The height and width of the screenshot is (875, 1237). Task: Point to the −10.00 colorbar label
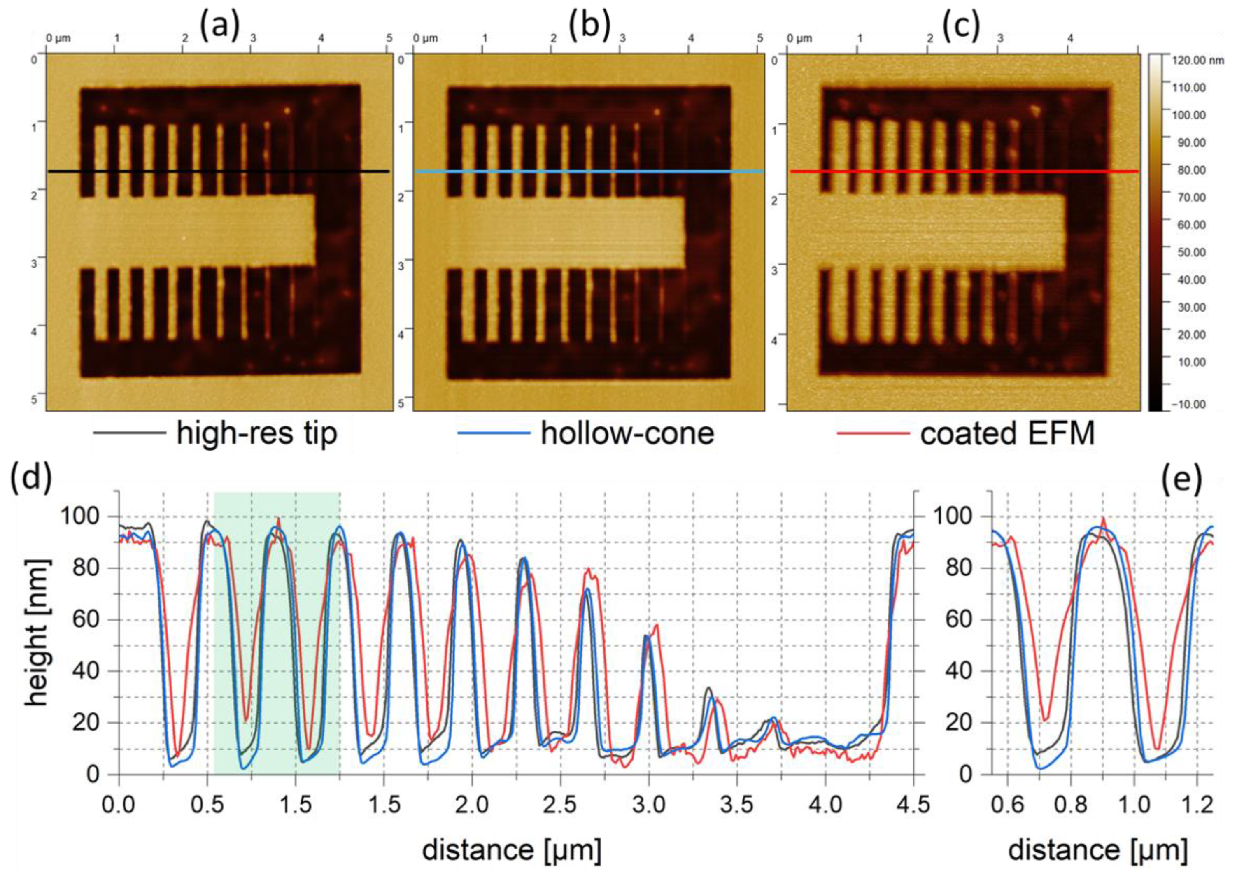(x=1192, y=404)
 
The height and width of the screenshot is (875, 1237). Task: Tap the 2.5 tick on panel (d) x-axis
(x=560, y=806)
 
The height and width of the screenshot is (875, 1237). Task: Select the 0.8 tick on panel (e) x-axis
(x=1071, y=806)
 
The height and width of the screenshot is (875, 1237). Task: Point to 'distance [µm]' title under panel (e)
(x=1097, y=850)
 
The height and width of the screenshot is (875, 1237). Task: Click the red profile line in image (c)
(x=964, y=171)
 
